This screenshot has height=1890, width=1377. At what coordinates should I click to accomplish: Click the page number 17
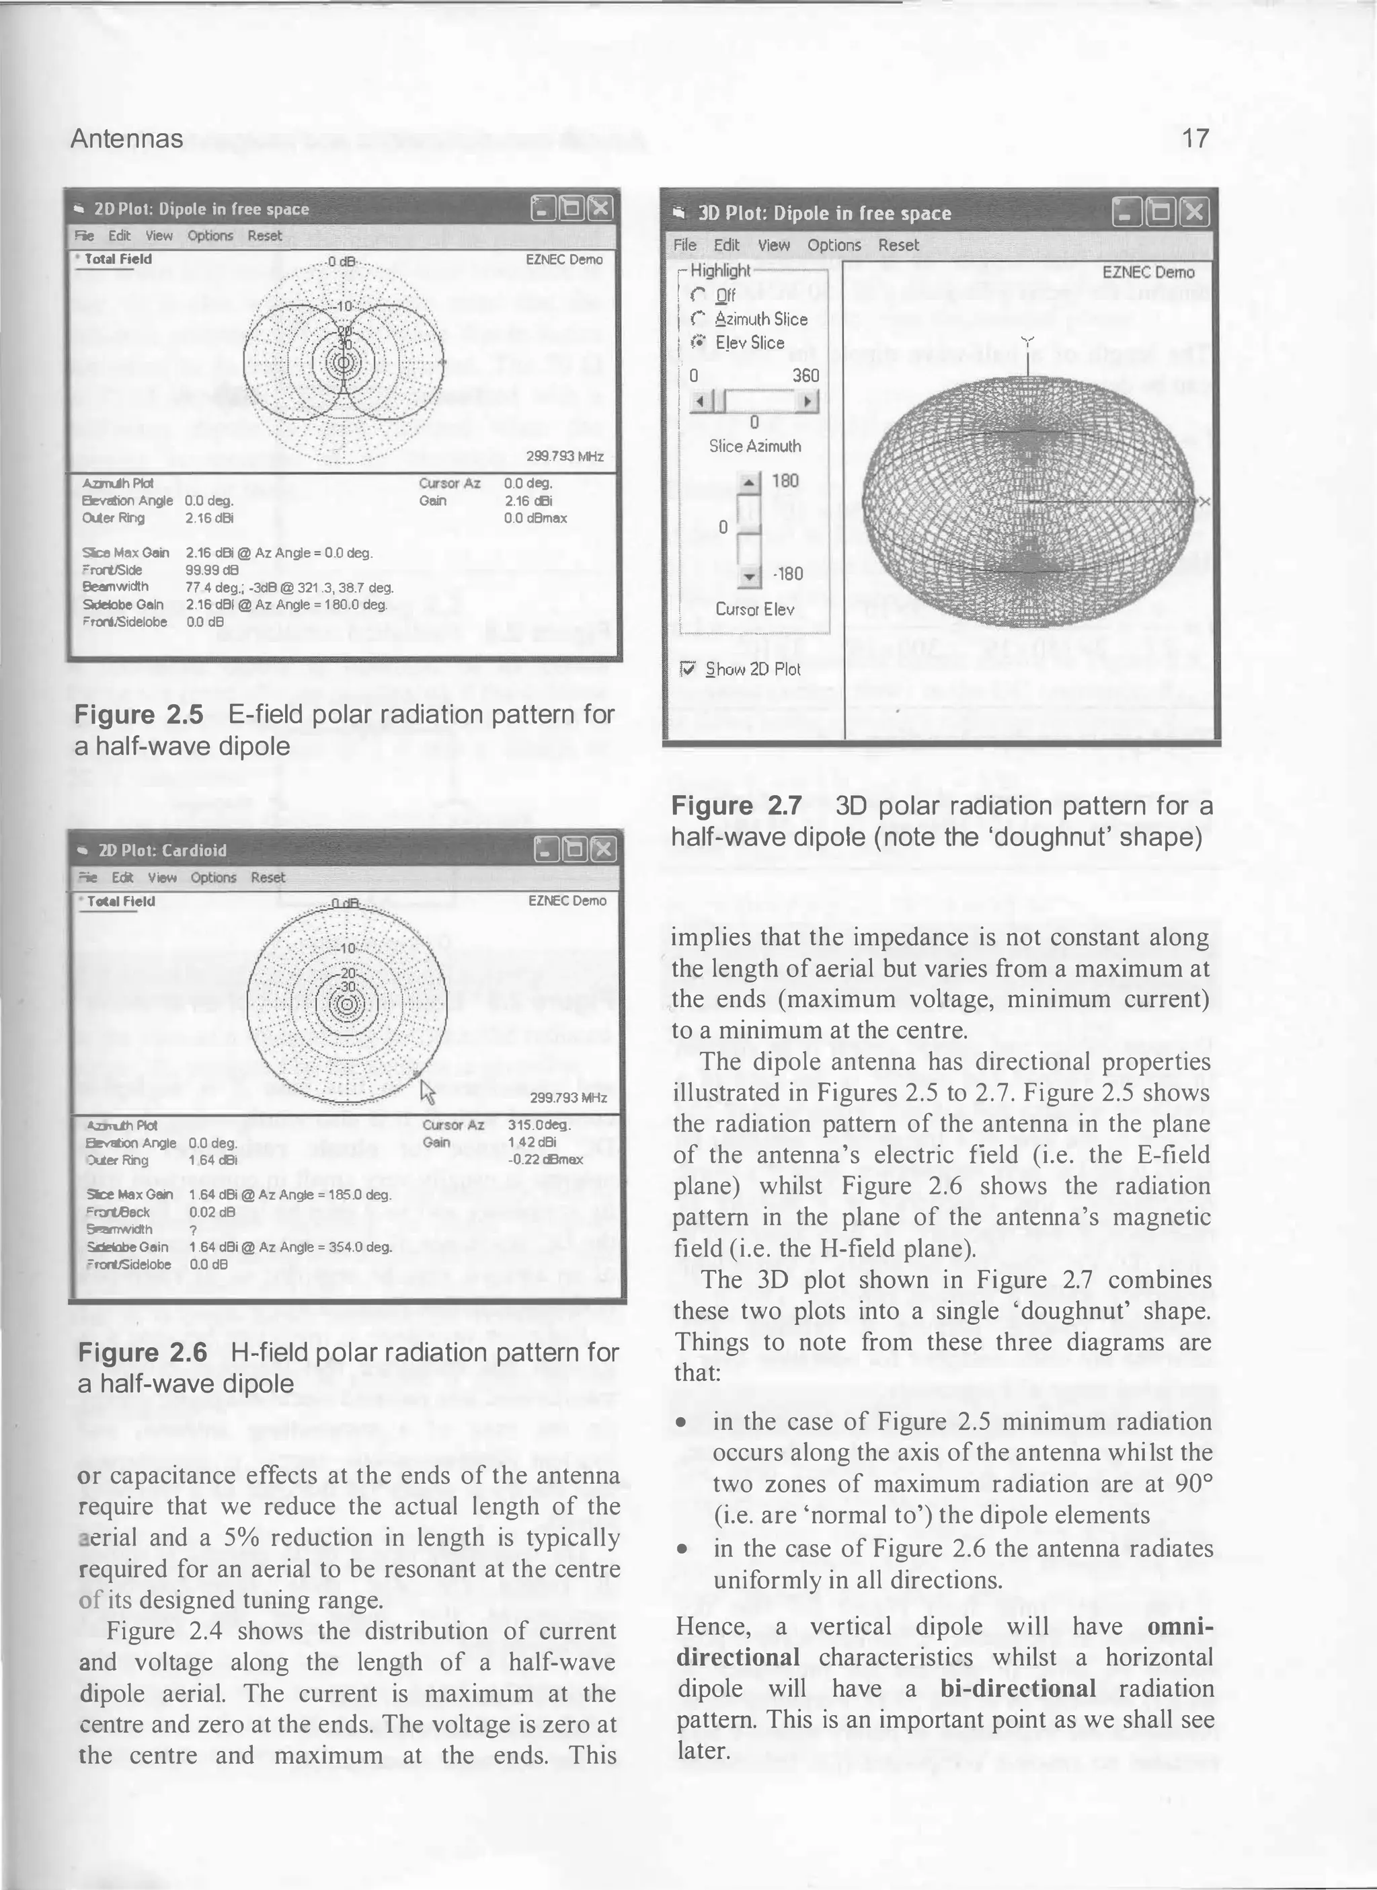(1195, 139)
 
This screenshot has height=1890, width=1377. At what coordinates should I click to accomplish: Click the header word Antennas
(126, 139)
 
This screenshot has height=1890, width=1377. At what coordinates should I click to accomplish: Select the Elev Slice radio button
(699, 342)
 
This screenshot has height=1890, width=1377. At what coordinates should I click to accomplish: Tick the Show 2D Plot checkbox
(688, 669)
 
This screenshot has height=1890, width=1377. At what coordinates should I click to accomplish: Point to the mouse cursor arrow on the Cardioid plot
(427, 1090)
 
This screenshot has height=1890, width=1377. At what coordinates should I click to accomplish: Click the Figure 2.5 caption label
(139, 714)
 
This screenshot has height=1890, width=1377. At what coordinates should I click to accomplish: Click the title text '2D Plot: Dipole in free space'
(201, 209)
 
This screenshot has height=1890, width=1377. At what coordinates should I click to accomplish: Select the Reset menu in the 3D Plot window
(898, 245)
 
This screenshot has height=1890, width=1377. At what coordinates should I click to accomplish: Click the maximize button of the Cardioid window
(574, 849)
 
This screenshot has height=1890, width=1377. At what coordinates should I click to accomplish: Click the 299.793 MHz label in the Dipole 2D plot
(564, 457)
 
